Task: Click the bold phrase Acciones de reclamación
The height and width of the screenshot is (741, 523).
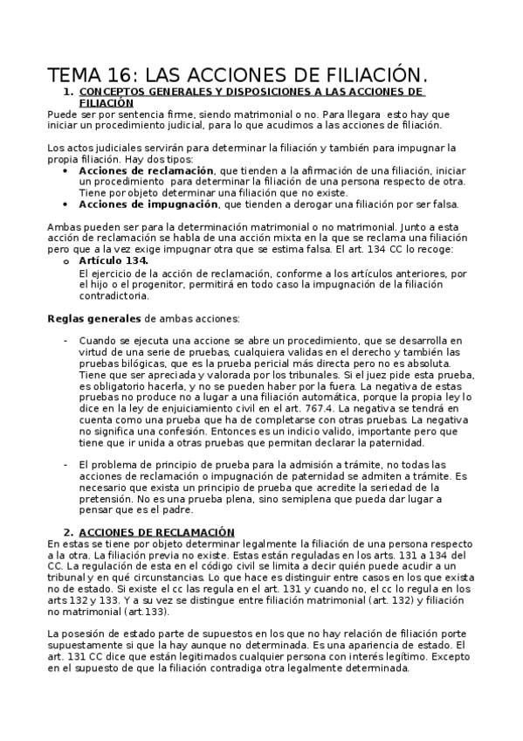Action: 146,170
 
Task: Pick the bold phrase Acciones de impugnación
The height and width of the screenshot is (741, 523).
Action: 148,204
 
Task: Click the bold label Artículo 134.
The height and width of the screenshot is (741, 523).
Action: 114,261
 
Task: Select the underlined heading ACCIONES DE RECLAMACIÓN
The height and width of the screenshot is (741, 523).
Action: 157,531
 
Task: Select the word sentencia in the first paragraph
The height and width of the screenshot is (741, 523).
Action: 136,114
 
